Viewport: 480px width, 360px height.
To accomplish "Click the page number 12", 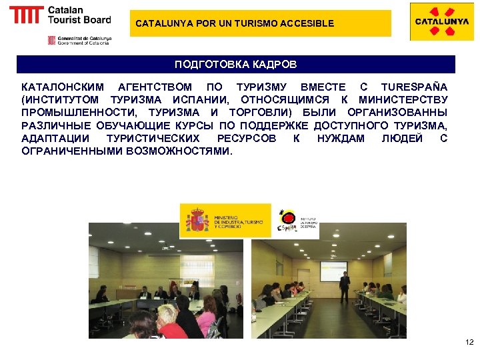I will point(469,343).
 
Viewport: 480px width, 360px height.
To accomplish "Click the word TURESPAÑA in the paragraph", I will point(413,87).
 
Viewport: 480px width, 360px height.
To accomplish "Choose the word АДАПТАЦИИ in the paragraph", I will point(53,138).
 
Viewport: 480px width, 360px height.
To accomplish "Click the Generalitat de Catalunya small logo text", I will point(83,40).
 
